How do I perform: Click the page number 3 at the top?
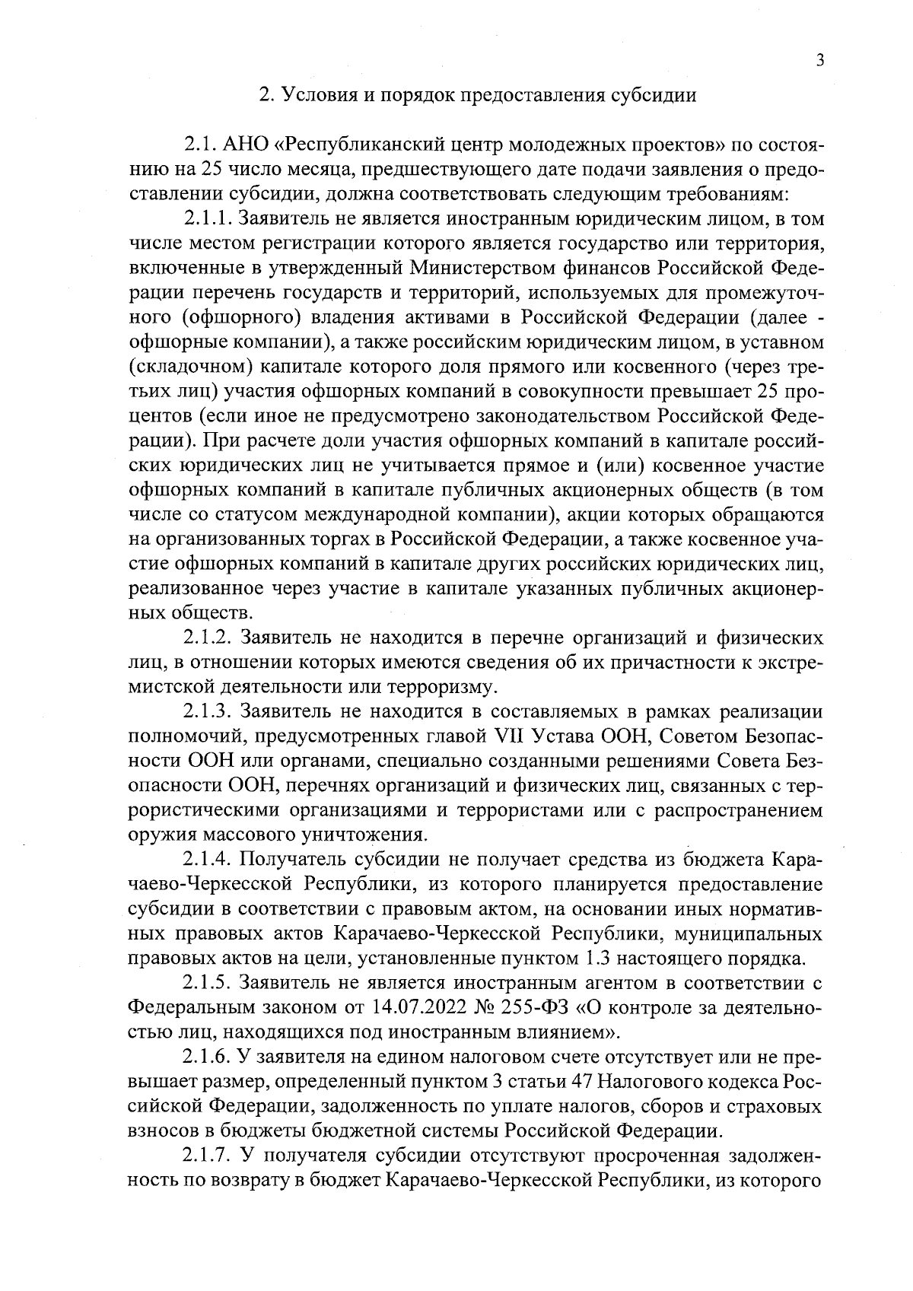[819, 62]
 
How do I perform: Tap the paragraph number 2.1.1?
[207, 220]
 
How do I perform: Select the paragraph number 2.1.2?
[207, 638]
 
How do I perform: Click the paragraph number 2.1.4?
[207, 860]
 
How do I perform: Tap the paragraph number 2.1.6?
[207, 1057]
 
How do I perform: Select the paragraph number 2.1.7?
[207, 1156]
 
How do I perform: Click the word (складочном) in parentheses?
[189, 367]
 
